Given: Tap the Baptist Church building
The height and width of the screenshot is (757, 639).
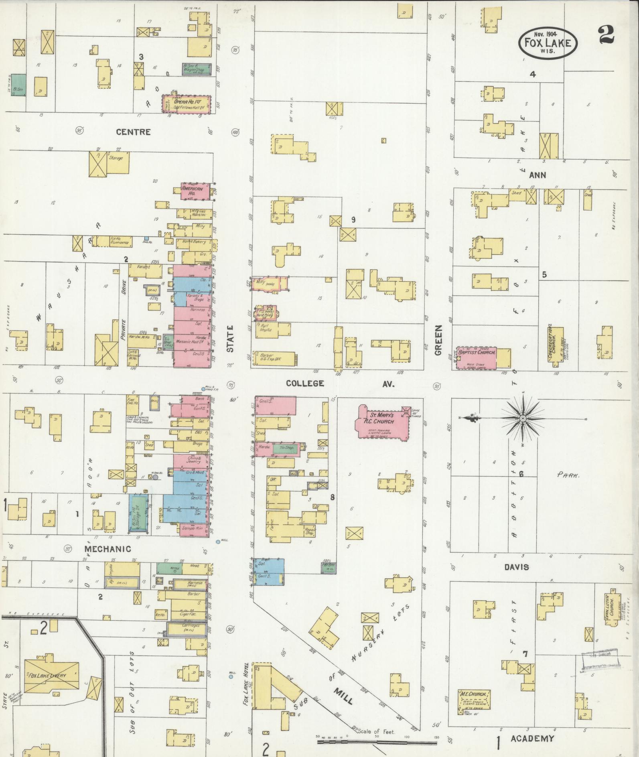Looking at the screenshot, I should click(x=477, y=357).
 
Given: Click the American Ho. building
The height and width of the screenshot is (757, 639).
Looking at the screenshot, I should click(x=195, y=191).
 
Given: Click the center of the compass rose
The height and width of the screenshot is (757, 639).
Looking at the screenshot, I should click(x=523, y=418).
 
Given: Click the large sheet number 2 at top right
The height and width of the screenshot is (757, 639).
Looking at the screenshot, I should click(x=606, y=35).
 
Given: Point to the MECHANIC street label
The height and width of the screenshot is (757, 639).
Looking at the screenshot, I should click(x=107, y=549).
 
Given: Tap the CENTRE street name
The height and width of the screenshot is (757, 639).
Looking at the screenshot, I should click(x=133, y=132).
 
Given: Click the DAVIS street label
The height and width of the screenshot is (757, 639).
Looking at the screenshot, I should click(x=517, y=567).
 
